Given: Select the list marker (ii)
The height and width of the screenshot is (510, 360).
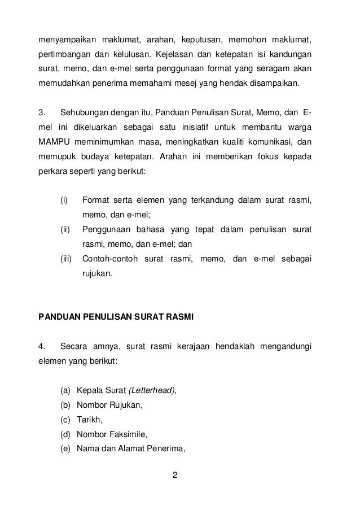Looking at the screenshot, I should coord(67,229).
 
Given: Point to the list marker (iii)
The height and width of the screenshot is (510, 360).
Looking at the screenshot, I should coord(68,259).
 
